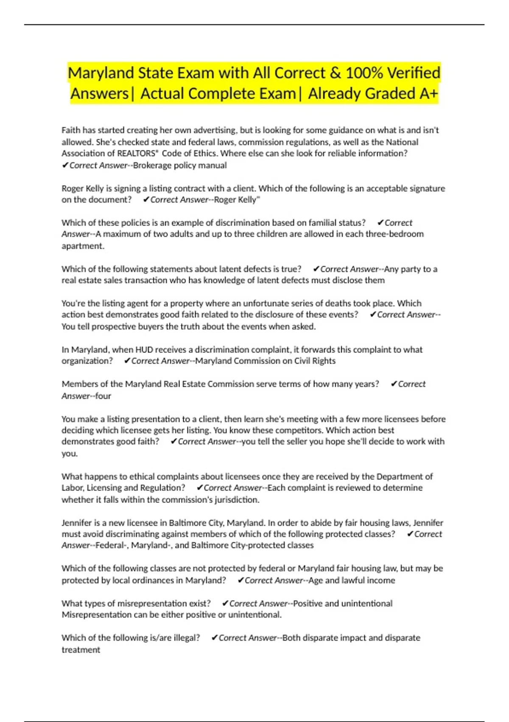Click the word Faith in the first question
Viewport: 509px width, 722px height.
point(71,130)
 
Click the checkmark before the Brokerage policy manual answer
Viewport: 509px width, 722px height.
point(65,165)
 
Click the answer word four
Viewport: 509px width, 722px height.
point(103,396)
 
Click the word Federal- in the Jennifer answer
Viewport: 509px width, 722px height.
point(112,545)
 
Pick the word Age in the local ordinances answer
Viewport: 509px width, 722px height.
point(316,580)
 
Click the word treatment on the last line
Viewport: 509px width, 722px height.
point(81,650)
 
